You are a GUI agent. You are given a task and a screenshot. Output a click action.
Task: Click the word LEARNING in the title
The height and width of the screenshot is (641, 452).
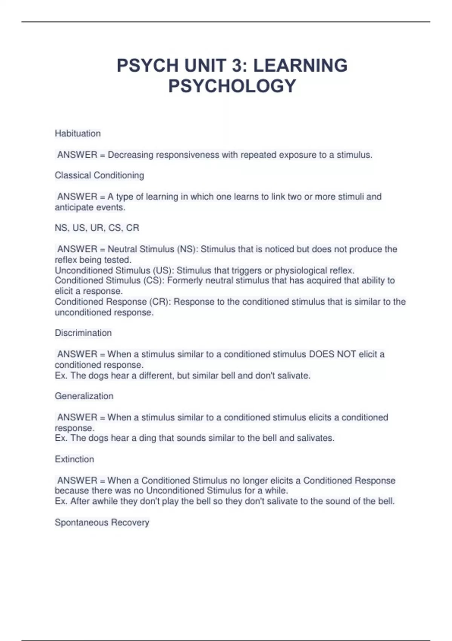click(x=300, y=66)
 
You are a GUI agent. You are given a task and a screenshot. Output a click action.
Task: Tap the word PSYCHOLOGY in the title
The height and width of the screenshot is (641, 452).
click(x=232, y=86)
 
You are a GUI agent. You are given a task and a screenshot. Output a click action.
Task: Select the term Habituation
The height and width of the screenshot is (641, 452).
click(x=78, y=133)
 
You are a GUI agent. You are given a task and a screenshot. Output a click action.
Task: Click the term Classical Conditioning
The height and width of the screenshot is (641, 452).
click(x=99, y=175)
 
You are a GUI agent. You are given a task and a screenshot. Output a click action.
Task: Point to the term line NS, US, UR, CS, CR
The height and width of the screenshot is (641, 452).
click(x=97, y=228)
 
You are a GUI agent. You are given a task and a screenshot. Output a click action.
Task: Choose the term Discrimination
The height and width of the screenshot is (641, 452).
click(x=83, y=333)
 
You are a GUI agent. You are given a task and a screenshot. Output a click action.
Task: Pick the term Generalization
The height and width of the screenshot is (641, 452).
click(x=84, y=396)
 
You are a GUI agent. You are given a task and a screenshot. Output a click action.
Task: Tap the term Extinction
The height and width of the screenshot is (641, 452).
click(x=74, y=459)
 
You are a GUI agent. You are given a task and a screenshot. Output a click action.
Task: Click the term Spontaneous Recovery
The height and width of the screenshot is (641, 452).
click(x=102, y=522)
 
